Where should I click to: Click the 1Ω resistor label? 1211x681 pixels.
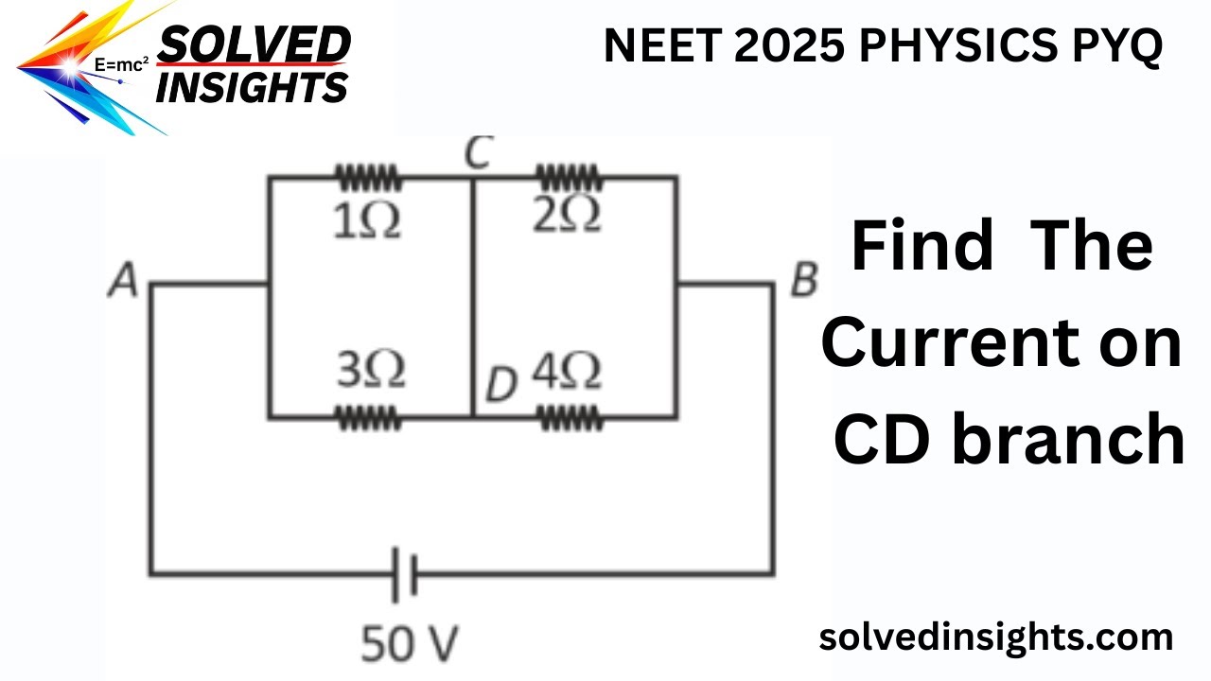367,221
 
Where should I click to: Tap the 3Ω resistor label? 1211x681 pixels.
372,371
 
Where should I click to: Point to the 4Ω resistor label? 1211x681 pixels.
566,372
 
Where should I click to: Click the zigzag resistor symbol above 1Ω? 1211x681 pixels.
368,177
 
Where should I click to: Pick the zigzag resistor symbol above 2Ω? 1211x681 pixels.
569,177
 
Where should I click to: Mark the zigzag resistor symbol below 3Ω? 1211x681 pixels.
369,417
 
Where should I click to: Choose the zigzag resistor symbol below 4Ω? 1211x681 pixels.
570,417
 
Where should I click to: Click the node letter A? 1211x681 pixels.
123,282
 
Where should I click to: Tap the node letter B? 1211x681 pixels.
802,282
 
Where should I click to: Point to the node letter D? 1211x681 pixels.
502,384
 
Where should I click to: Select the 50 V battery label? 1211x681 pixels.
410,644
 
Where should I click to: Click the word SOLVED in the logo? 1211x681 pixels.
254,45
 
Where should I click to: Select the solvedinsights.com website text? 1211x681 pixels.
995,637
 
